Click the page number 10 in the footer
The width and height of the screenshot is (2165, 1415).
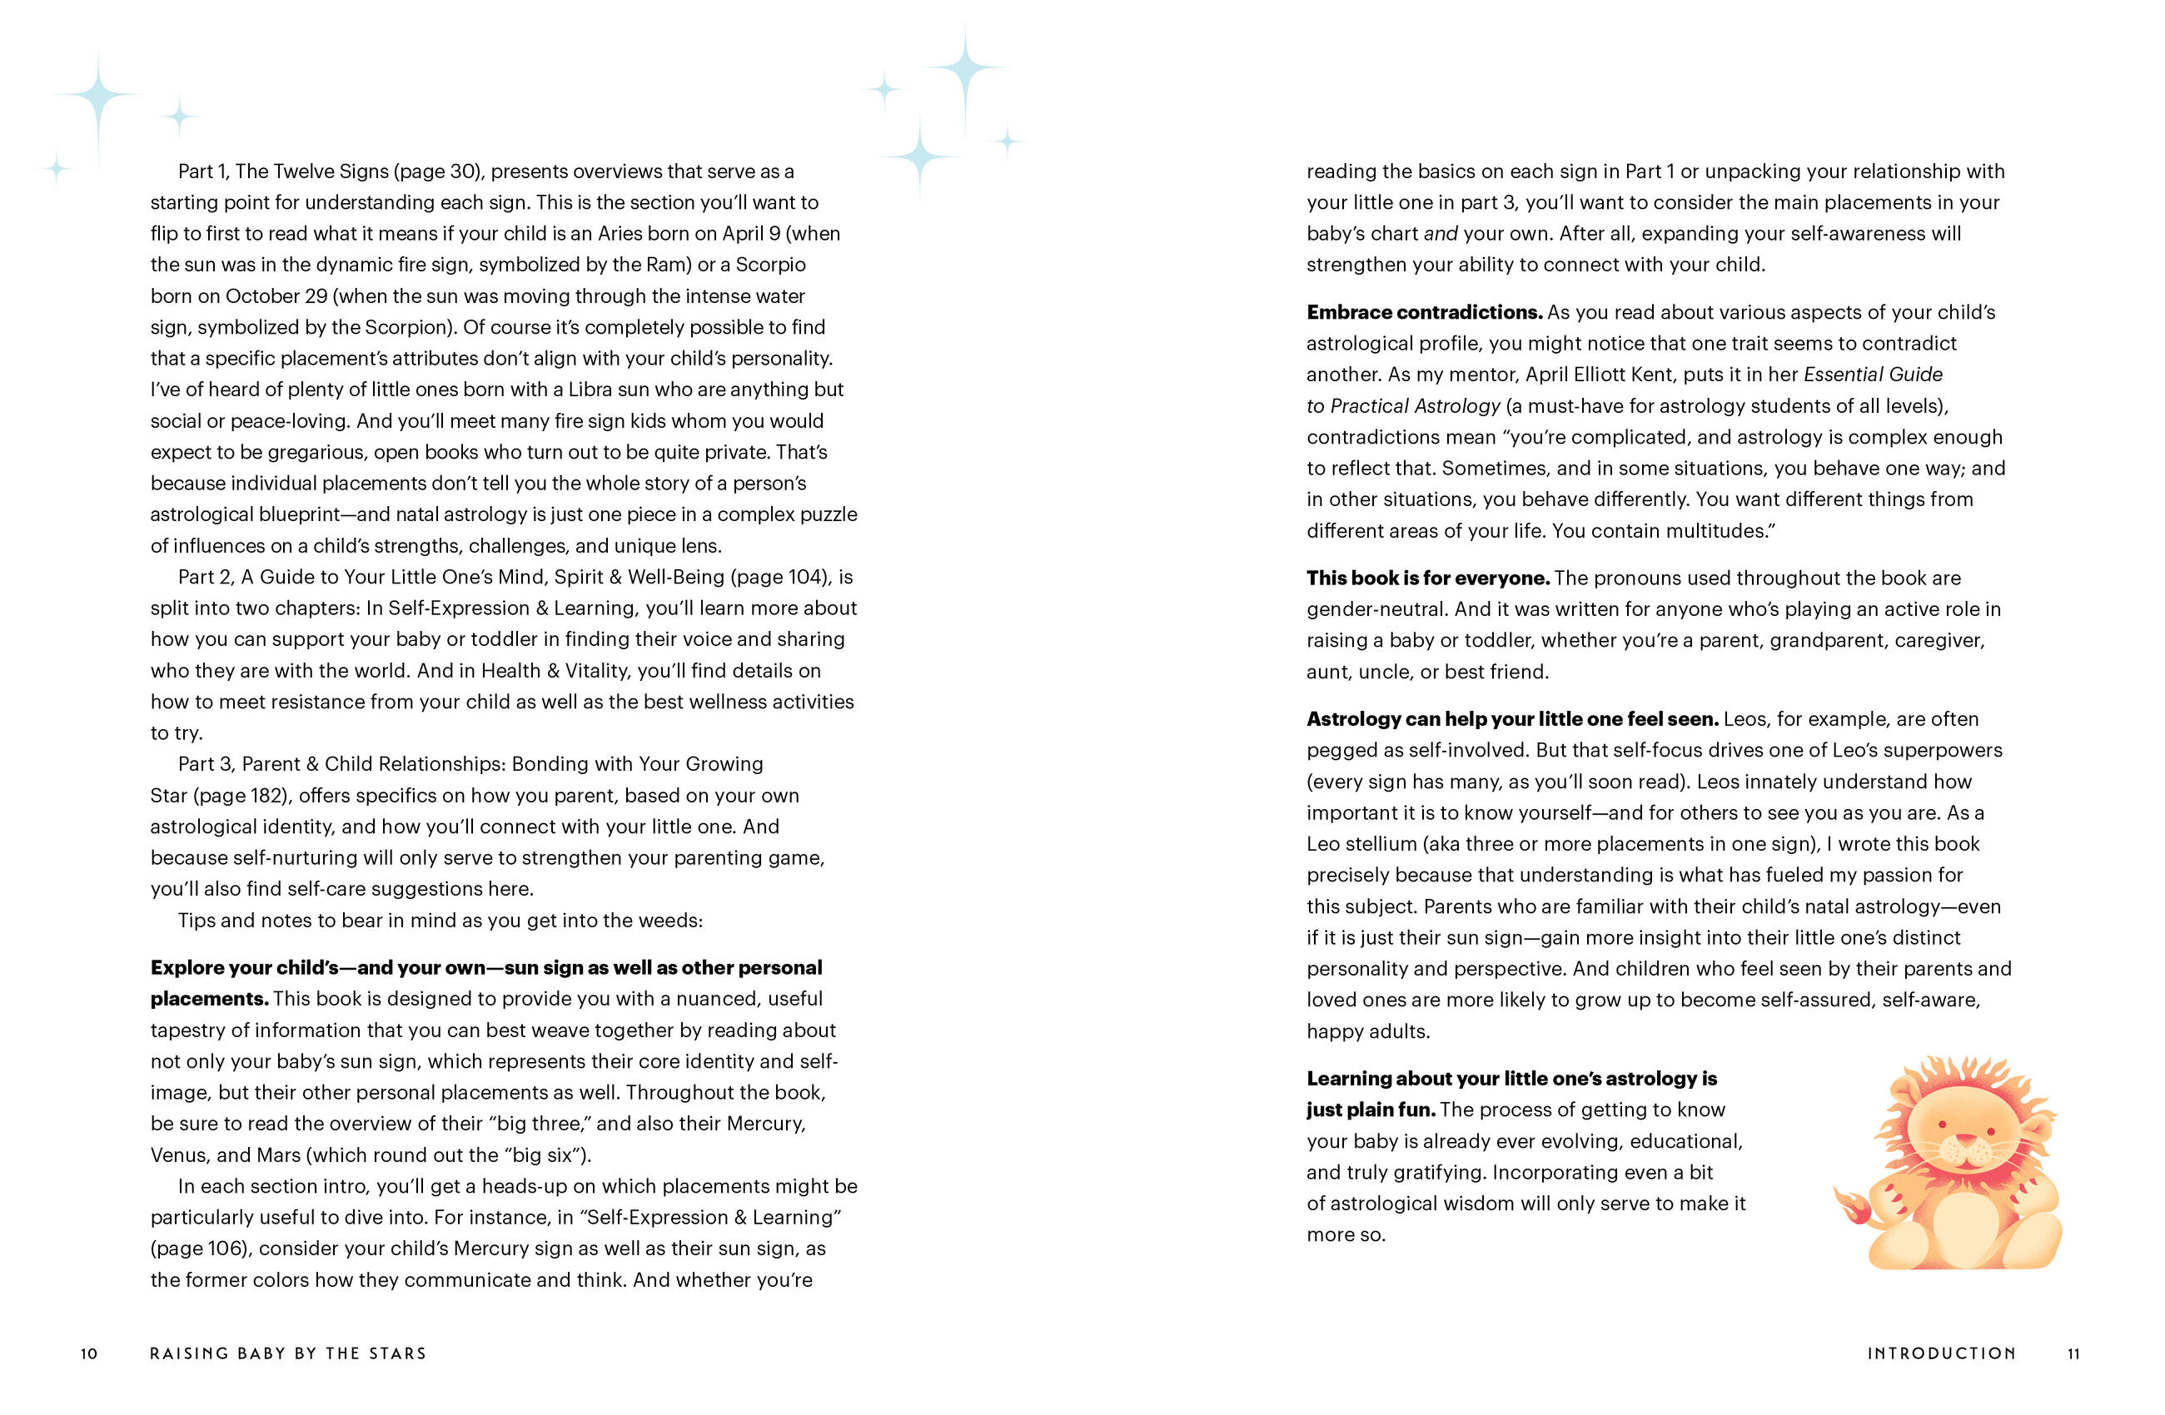89,1353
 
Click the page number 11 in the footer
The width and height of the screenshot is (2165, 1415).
2073,1353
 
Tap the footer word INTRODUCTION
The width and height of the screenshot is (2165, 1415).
1941,1353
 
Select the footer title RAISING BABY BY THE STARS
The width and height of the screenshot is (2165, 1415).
287,1353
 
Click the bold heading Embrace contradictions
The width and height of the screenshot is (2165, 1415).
1424,312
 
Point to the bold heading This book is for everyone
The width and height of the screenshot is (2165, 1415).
1427,578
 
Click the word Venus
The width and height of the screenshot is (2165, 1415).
179,1155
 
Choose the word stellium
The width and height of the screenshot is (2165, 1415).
1383,843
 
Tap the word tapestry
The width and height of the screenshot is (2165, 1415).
188,1030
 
